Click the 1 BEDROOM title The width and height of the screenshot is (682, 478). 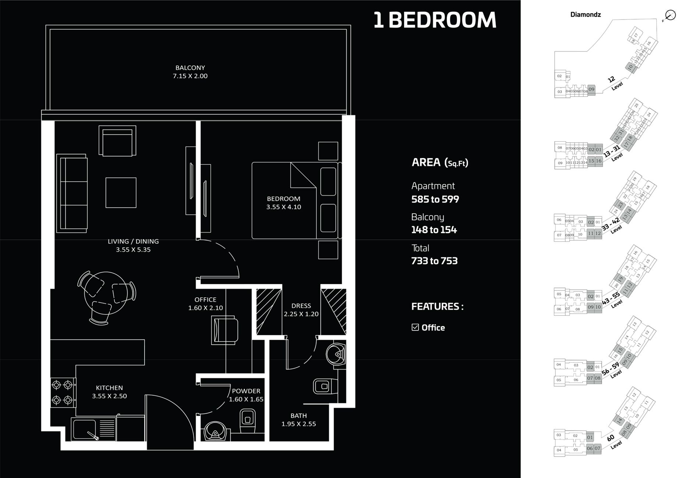(435, 20)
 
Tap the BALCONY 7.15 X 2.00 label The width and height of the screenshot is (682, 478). (190, 72)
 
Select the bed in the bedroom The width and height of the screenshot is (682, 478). (291, 200)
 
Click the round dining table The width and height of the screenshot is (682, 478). (106, 292)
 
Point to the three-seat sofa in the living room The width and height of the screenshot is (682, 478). (72, 193)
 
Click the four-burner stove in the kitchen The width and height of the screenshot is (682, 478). (62, 392)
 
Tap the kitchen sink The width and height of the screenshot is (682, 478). (84, 429)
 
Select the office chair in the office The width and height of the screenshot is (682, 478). (225, 331)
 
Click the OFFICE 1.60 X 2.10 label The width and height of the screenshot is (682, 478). (205, 304)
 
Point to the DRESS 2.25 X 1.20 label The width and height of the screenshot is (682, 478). (301, 310)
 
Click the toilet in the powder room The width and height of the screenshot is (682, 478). (248, 421)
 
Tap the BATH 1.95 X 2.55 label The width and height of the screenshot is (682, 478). (298, 420)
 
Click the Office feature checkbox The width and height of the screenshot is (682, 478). (415, 327)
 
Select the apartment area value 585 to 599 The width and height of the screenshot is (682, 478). (435, 199)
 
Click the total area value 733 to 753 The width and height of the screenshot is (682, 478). (434, 261)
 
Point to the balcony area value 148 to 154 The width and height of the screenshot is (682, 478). (434, 230)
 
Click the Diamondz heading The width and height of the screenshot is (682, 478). (585, 15)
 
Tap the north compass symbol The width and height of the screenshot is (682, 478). (670, 15)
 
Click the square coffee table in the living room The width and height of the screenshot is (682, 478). (121, 192)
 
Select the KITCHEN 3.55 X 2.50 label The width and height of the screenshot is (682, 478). (109, 392)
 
